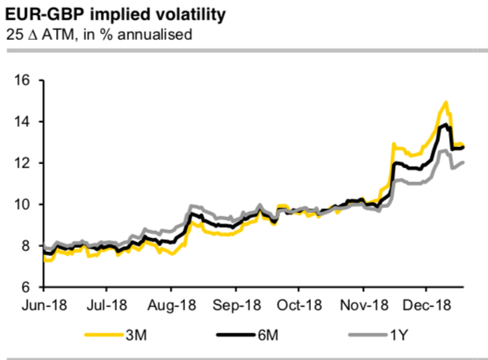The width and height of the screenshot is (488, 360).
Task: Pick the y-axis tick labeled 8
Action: pyautogui.click(x=26, y=246)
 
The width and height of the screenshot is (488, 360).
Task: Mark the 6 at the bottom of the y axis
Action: pyautogui.click(x=26, y=288)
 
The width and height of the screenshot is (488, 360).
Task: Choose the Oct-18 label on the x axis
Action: pyautogui.click(x=298, y=308)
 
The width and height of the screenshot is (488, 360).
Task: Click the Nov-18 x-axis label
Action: pyautogui.click(x=363, y=308)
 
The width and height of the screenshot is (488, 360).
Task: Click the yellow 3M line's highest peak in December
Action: pyautogui.click(x=446, y=102)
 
